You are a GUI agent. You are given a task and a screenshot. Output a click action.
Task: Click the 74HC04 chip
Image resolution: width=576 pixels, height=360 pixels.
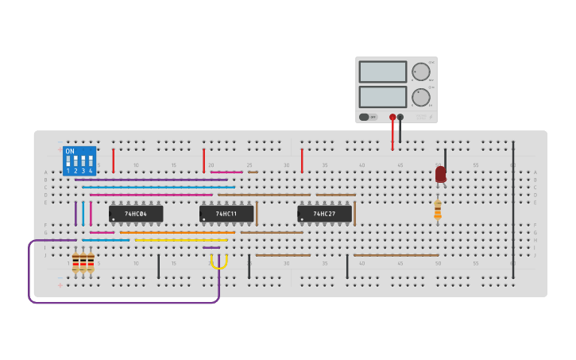click(136, 214)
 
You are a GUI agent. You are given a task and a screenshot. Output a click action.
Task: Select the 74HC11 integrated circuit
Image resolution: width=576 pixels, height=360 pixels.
click(226, 214)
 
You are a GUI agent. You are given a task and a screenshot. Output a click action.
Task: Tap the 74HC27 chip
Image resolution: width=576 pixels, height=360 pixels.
click(324, 214)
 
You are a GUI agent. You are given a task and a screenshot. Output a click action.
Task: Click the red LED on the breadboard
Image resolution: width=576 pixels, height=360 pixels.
click(440, 174)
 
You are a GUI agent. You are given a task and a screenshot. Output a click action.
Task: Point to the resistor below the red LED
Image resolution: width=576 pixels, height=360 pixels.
click(438, 209)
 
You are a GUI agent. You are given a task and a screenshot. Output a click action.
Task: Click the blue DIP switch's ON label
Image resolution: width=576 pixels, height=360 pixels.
click(70, 151)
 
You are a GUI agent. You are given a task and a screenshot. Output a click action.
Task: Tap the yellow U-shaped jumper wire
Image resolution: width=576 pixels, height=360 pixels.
click(219, 263)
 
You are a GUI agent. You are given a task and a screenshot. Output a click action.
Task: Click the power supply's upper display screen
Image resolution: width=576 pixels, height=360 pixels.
click(382, 72)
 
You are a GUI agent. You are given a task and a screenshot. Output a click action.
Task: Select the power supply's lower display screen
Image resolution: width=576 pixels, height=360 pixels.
click(382, 97)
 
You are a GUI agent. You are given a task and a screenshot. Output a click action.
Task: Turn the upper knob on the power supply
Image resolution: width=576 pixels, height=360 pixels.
click(421, 72)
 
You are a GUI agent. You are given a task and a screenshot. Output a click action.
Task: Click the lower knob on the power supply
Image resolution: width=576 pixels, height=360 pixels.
click(421, 97)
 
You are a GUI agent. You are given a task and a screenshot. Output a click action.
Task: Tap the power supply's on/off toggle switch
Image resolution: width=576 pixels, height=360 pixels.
click(365, 117)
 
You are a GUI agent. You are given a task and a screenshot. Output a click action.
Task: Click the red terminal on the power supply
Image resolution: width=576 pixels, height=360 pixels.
click(392, 118)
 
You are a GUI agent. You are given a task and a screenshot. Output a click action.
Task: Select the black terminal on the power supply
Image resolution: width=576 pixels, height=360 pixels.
click(400, 118)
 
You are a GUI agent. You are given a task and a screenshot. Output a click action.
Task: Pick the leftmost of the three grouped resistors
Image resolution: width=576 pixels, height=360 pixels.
click(75, 262)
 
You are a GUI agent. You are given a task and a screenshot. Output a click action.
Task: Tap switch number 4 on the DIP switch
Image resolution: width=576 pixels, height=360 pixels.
click(91, 162)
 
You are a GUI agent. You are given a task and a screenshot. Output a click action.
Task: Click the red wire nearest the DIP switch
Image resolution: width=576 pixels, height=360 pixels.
click(113, 161)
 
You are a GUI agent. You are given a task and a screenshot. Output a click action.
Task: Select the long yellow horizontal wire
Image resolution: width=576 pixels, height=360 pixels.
click(181, 240)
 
